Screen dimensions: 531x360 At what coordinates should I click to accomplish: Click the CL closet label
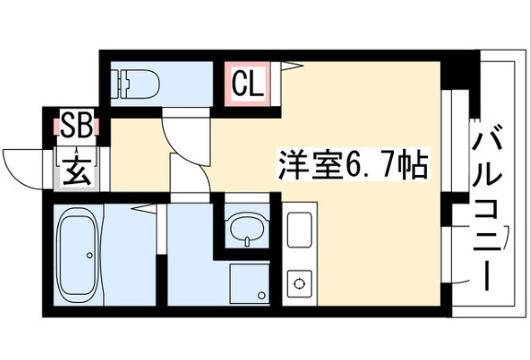coord(248,84)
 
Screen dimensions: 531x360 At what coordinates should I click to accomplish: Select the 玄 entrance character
coord(77,170)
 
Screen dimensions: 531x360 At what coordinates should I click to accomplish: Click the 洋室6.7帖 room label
coord(353,165)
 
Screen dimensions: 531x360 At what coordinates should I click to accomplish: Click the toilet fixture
coord(137,84)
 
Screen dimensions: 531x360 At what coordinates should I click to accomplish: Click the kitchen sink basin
coord(299,230)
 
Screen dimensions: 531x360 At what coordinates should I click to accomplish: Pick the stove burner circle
coord(299,284)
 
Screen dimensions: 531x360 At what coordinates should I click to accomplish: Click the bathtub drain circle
coord(90,255)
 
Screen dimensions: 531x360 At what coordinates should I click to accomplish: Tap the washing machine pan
coord(249,284)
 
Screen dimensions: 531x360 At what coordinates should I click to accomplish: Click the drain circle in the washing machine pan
coord(261,295)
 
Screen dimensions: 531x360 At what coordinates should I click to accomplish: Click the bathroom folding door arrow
coord(144,208)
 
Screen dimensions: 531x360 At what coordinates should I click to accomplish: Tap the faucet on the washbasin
coord(248,241)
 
